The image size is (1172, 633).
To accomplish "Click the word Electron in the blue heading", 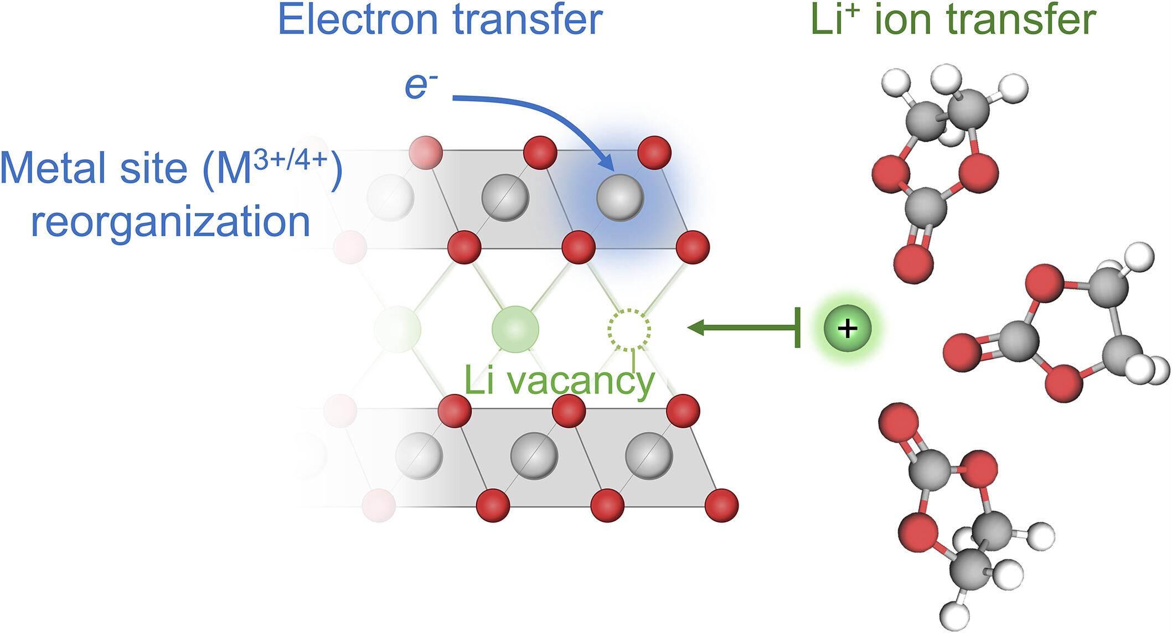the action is point(360,20).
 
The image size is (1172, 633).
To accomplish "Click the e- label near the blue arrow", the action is point(418,87).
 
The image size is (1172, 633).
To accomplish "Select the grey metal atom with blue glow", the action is point(620,198).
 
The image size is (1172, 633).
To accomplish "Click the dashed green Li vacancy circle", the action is point(629,330).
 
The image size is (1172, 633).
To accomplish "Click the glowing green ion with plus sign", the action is point(847,329).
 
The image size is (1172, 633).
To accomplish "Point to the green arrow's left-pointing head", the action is point(695,328).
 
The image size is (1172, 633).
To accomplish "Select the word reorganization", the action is point(170,222).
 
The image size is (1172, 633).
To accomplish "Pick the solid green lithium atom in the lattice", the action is point(515,329).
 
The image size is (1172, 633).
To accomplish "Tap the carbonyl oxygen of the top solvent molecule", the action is point(913,263).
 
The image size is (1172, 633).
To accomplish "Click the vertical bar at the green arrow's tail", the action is point(798,328).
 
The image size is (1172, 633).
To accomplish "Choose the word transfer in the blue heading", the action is point(527,20).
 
